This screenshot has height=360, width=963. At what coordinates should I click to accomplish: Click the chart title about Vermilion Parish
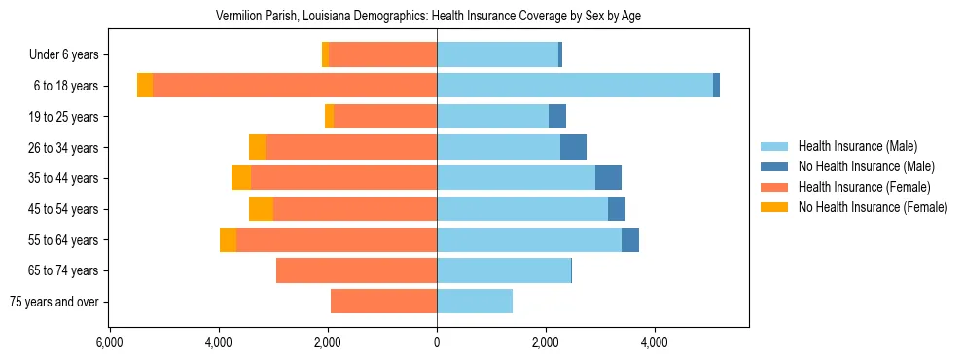coord(428,16)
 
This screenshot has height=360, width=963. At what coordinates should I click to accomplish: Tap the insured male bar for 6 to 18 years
coord(574,86)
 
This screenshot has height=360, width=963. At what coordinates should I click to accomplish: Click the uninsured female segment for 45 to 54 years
coord(261,208)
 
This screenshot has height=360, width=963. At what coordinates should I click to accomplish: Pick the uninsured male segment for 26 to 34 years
coord(573,147)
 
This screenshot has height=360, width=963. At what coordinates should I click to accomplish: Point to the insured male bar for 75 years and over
coord(475,302)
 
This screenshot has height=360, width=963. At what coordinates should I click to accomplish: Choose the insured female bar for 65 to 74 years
coord(356,270)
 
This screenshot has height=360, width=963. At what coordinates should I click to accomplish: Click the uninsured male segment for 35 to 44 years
coord(608,178)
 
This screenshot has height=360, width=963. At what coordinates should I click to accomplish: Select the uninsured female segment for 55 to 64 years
coord(228,239)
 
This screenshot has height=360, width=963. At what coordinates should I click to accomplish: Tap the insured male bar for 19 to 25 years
coord(492,117)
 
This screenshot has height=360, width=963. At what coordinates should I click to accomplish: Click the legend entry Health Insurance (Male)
coord(857,146)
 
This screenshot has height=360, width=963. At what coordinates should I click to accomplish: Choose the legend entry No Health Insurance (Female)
coord(872,207)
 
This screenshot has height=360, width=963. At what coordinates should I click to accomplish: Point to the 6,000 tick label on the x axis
coord(109,342)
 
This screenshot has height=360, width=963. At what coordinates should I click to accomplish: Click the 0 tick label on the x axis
coord(437,342)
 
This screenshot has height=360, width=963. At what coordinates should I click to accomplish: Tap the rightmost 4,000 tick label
coord(655,342)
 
